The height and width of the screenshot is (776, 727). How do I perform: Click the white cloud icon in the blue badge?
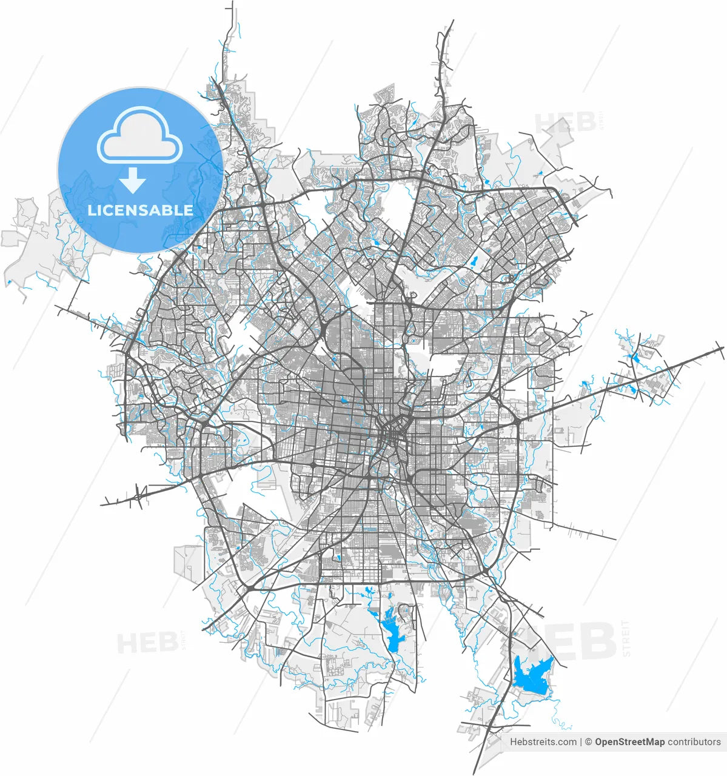pos(139,136)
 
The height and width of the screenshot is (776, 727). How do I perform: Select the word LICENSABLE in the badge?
pos(141,210)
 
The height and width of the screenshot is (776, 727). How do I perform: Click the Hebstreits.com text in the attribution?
pos(543,741)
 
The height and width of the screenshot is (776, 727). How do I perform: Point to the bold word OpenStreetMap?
pos(629,741)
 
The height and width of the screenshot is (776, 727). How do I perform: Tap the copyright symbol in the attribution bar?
pos(588,741)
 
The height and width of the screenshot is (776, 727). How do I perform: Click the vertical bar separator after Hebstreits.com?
pos(581,741)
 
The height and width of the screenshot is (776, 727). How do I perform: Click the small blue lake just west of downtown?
pos(343,400)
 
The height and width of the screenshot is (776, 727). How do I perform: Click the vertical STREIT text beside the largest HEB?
pos(626,638)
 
